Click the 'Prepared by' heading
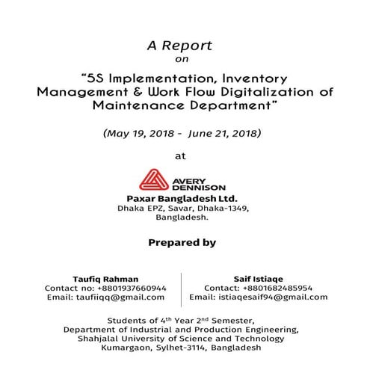click(x=183, y=243)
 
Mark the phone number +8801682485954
click(x=273, y=287)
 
